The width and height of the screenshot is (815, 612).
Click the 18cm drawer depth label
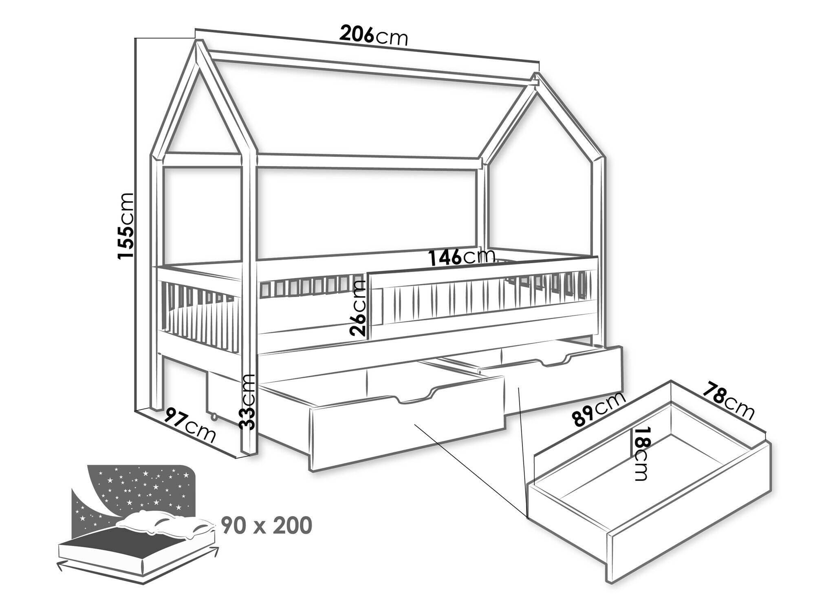[x=640, y=454]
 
